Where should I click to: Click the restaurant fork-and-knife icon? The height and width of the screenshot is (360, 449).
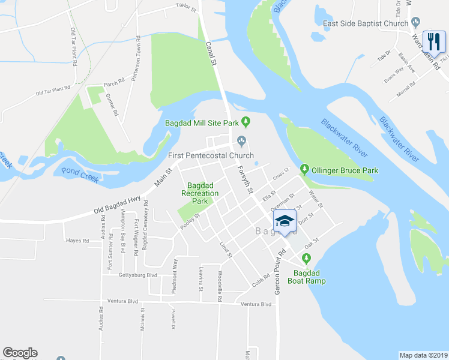click(x=434, y=41)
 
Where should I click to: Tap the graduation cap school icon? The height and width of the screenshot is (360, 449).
click(x=285, y=221)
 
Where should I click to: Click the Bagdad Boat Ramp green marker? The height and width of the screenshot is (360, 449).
click(x=307, y=259)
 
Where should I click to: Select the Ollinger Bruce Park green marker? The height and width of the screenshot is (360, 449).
click(x=304, y=170)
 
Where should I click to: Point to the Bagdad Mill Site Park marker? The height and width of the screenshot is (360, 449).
click(x=246, y=122)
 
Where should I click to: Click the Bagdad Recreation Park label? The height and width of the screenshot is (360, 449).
click(x=202, y=193)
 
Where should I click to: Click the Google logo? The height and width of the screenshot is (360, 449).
click(x=20, y=353)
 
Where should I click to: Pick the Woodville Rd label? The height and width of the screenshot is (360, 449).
click(x=220, y=285)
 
